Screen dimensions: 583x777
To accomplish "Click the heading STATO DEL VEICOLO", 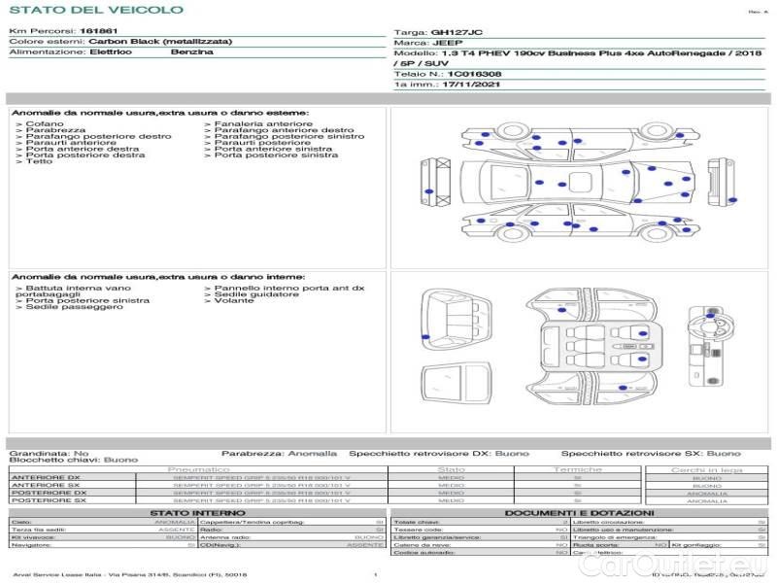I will click(x=95, y=10).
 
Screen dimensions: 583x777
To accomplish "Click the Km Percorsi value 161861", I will click(x=100, y=32).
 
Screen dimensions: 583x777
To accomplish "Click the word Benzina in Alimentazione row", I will click(x=191, y=51).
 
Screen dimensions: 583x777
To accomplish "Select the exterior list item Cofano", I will click(x=46, y=124).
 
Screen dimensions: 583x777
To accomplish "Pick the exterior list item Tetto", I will click(x=40, y=161).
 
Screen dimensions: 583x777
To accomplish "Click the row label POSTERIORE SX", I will click(x=48, y=500).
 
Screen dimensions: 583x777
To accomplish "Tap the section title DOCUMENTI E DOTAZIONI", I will click(x=579, y=513).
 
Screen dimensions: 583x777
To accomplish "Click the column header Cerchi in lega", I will click(x=706, y=469).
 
